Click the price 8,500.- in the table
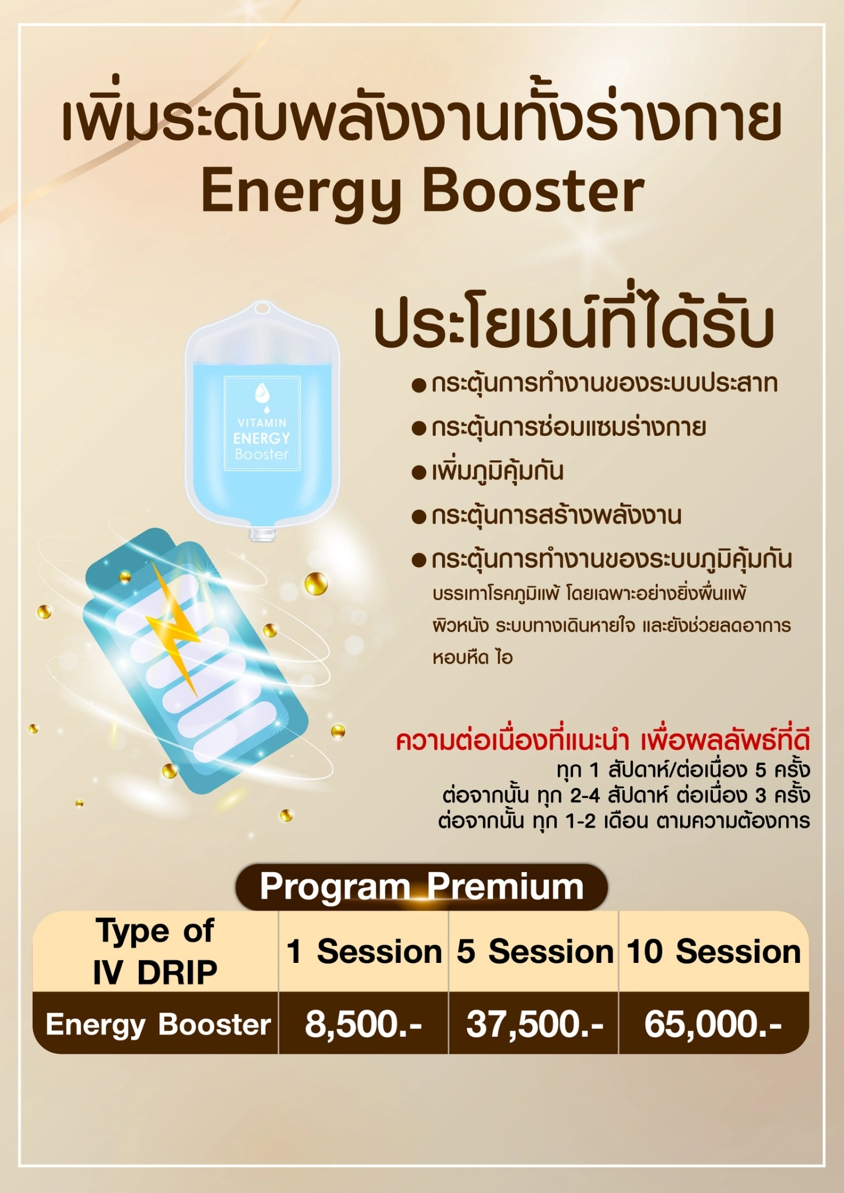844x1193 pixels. click(x=363, y=1024)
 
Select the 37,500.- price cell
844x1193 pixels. click(x=534, y=1024)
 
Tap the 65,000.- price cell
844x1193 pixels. click(x=713, y=1024)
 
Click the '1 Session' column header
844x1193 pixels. click(x=364, y=952)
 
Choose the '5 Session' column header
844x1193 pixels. click(x=534, y=952)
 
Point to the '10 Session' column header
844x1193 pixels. click(x=713, y=952)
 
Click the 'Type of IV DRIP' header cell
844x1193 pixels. click(x=155, y=951)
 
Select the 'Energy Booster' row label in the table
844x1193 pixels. click(x=158, y=1024)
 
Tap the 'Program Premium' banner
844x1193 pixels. click(x=421, y=887)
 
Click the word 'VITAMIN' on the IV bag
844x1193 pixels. click(x=262, y=422)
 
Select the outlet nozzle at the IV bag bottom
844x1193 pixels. click(x=263, y=534)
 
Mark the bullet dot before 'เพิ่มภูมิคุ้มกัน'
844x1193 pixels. click(x=419, y=472)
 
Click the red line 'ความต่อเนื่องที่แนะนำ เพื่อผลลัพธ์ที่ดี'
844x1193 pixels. click(x=603, y=740)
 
